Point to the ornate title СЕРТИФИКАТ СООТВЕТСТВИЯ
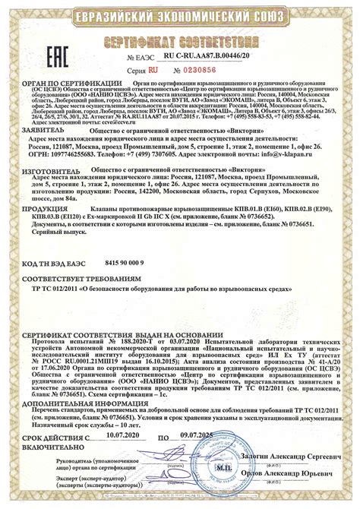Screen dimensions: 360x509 tap(180, 39)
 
